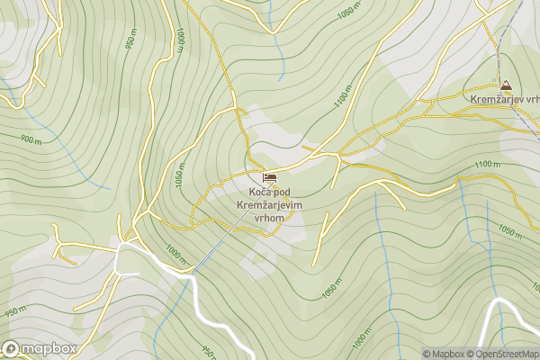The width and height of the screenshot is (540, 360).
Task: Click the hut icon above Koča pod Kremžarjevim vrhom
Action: pos(269,176)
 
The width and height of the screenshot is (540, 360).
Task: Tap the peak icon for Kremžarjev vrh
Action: pos(507,85)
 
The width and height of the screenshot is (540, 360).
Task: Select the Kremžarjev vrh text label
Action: pos(505,99)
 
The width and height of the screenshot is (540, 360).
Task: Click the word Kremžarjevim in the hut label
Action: pos(269,205)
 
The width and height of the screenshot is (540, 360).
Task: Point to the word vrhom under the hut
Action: pos(269,218)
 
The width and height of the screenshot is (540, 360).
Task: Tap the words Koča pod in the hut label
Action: pos(270,193)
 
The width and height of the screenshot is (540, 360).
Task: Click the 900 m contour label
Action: pos(30,140)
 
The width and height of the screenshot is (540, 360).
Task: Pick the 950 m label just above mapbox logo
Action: pos(13,312)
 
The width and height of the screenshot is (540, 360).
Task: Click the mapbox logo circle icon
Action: pos(12,348)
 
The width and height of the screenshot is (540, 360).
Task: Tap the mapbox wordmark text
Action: pos(48,349)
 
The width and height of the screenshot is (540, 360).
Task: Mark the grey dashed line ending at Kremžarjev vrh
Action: pos(501,45)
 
